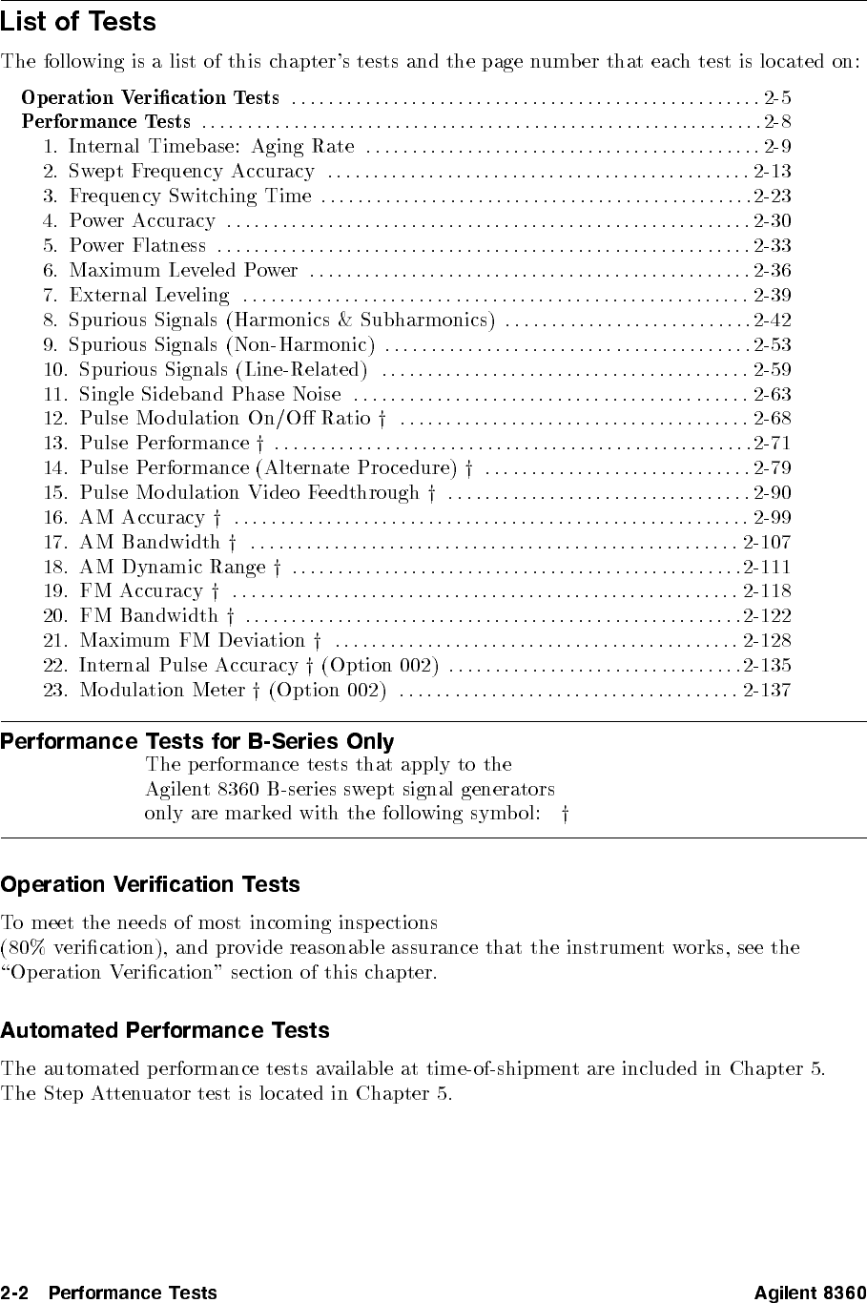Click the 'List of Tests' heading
tap(78, 22)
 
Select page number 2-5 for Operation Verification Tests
tap(776, 97)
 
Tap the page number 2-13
tap(772, 172)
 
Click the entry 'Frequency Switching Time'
tap(191, 196)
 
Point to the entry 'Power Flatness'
tap(138, 246)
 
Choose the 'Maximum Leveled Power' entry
tap(184, 271)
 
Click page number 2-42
tap(772, 321)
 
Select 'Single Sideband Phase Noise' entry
tap(210, 394)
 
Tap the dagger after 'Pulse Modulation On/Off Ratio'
tap(381, 419)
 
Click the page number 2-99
tap(772, 518)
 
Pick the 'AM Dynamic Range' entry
tap(173, 568)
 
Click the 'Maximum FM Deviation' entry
tap(192, 641)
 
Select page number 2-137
tap(767, 690)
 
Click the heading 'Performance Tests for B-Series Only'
tap(197, 741)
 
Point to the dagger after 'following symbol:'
tap(566, 814)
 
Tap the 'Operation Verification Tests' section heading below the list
tap(151, 884)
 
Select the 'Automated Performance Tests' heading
tap(165, 1030)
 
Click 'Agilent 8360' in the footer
tap(810, 1293)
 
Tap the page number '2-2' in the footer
tap(15, 1293)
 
